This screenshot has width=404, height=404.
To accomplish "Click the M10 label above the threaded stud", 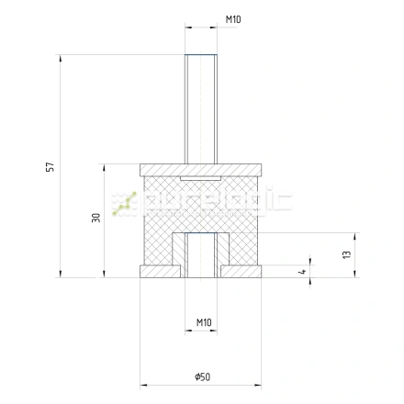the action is [x=233, y=19].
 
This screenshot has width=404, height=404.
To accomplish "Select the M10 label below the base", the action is [x=204, y=322].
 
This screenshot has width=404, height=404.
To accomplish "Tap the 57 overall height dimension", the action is [x=50, y=167].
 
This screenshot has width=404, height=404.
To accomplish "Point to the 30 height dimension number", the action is [x=96, y=218].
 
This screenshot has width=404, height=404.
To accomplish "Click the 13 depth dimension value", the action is [x=347, y=254].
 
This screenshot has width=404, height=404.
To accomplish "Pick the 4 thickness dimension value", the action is [x=302, y=271].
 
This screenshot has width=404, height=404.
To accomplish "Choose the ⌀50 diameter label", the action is [x=202, y=376].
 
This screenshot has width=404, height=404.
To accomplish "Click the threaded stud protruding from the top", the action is [x=201, y=109].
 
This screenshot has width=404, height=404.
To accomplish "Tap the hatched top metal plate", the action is [x=201, y=170].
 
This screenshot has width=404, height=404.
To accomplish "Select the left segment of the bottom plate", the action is [x=160, y=272].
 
